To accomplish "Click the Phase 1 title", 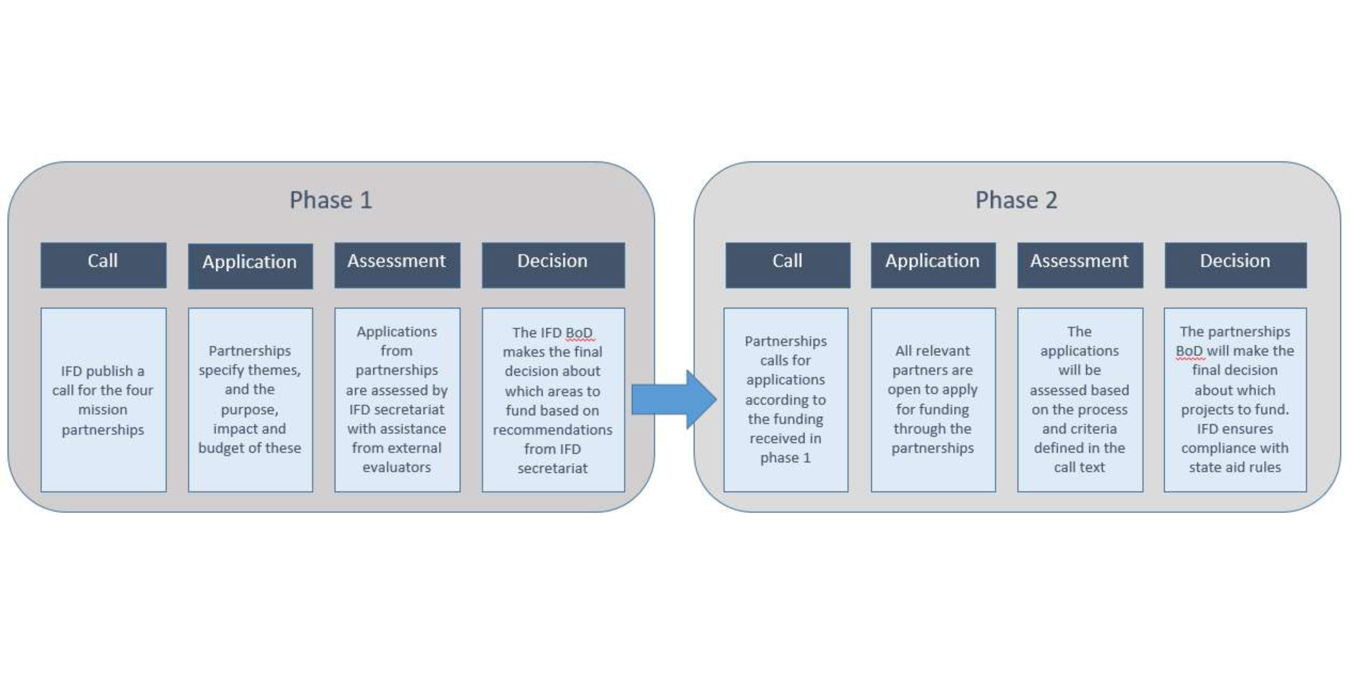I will point(331,200).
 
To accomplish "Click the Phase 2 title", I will point(1016,200).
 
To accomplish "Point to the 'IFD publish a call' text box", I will point(104,400).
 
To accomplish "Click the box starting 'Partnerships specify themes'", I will point(250,400).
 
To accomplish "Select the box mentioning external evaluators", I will point(397,400).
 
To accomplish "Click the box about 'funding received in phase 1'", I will point(786,400).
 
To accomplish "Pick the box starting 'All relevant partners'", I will point(933,400).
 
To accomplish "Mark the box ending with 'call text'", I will point(1080,400).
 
